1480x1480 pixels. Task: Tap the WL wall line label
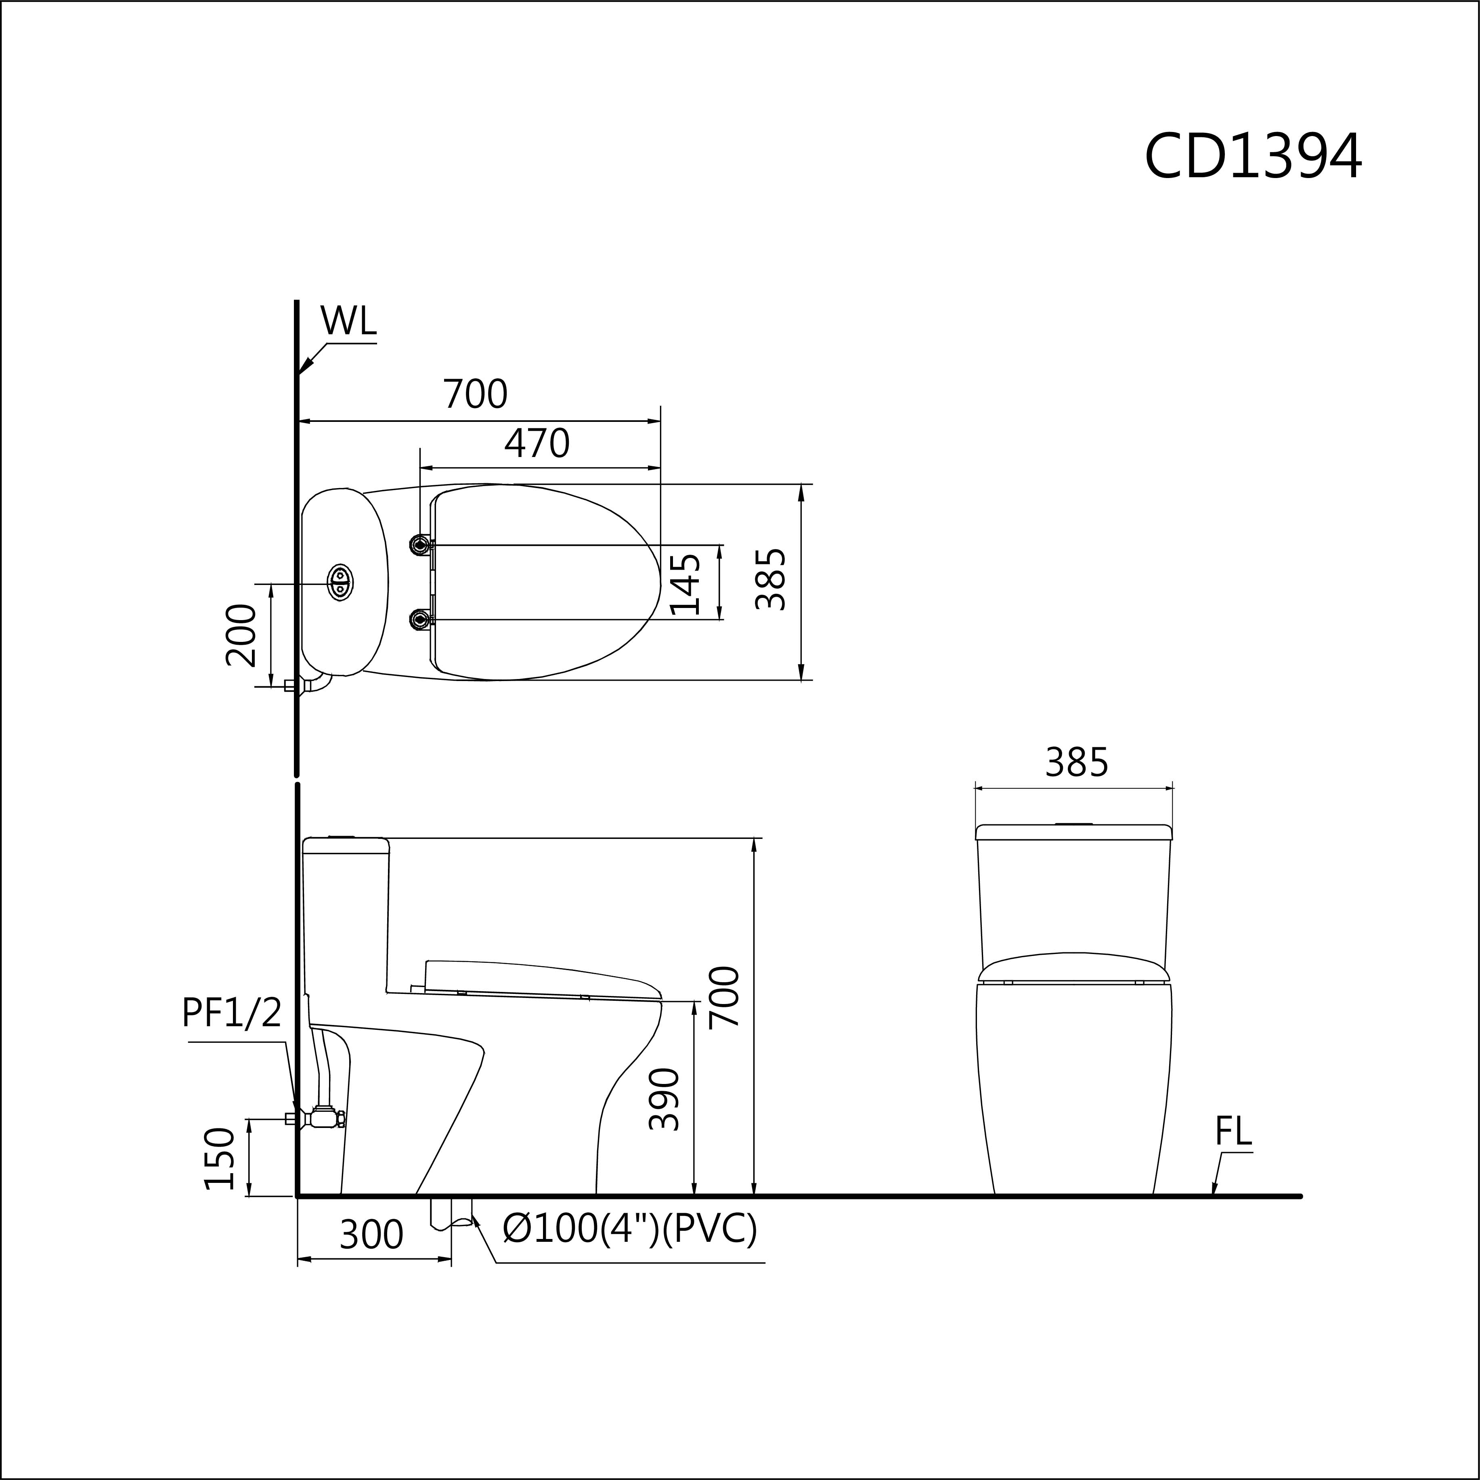(348, 321)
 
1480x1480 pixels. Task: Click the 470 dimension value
(537, 444)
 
